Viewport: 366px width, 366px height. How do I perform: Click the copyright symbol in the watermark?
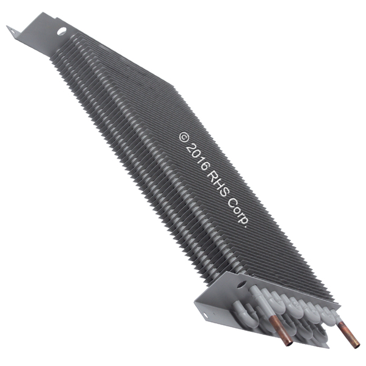tap(184, 137)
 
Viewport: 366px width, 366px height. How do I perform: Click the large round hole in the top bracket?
tap(62, 31)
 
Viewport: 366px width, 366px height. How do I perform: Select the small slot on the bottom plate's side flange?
tap(205, 315)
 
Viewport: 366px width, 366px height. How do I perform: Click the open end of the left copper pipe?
tap(289, 343)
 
